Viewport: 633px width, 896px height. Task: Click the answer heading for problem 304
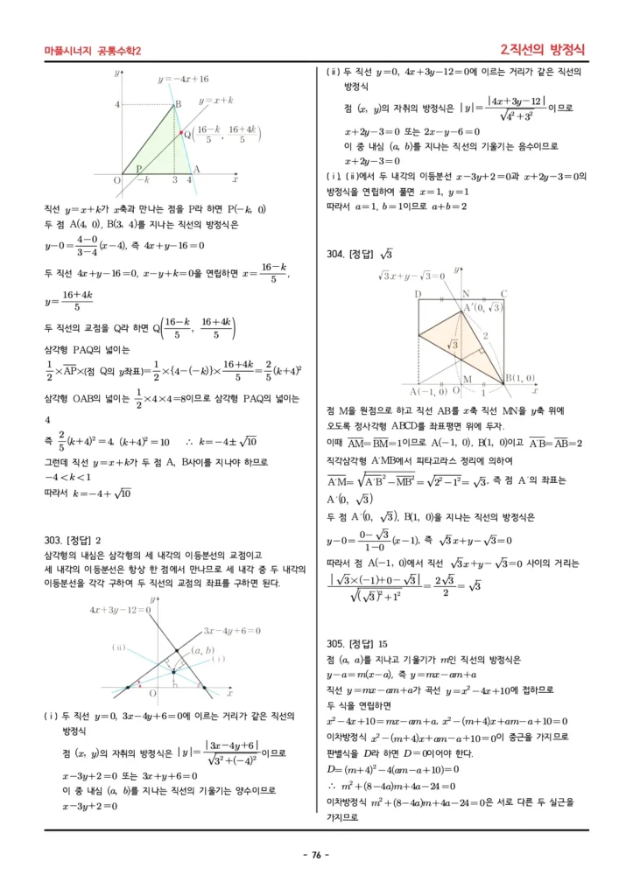pyautogui.click(x=359, y=255)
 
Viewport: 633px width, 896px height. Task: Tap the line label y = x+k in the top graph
pyautogui.click(x=216, y=101)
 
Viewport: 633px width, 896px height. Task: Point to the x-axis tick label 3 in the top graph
pyautogui.click(x=175, y=179)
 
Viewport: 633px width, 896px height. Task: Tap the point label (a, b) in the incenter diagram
pyautogui.click(x=203, y=650)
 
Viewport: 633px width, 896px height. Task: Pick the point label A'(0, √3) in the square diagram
pyautogui.click(x=484, y=307)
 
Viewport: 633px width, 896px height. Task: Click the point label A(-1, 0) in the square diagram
pyautogui.click(x=429, y=390)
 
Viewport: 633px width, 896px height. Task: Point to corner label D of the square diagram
pyautogui.click(x=418, y=294)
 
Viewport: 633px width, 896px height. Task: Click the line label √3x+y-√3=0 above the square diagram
pyautogui.click(x=411, y=276)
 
